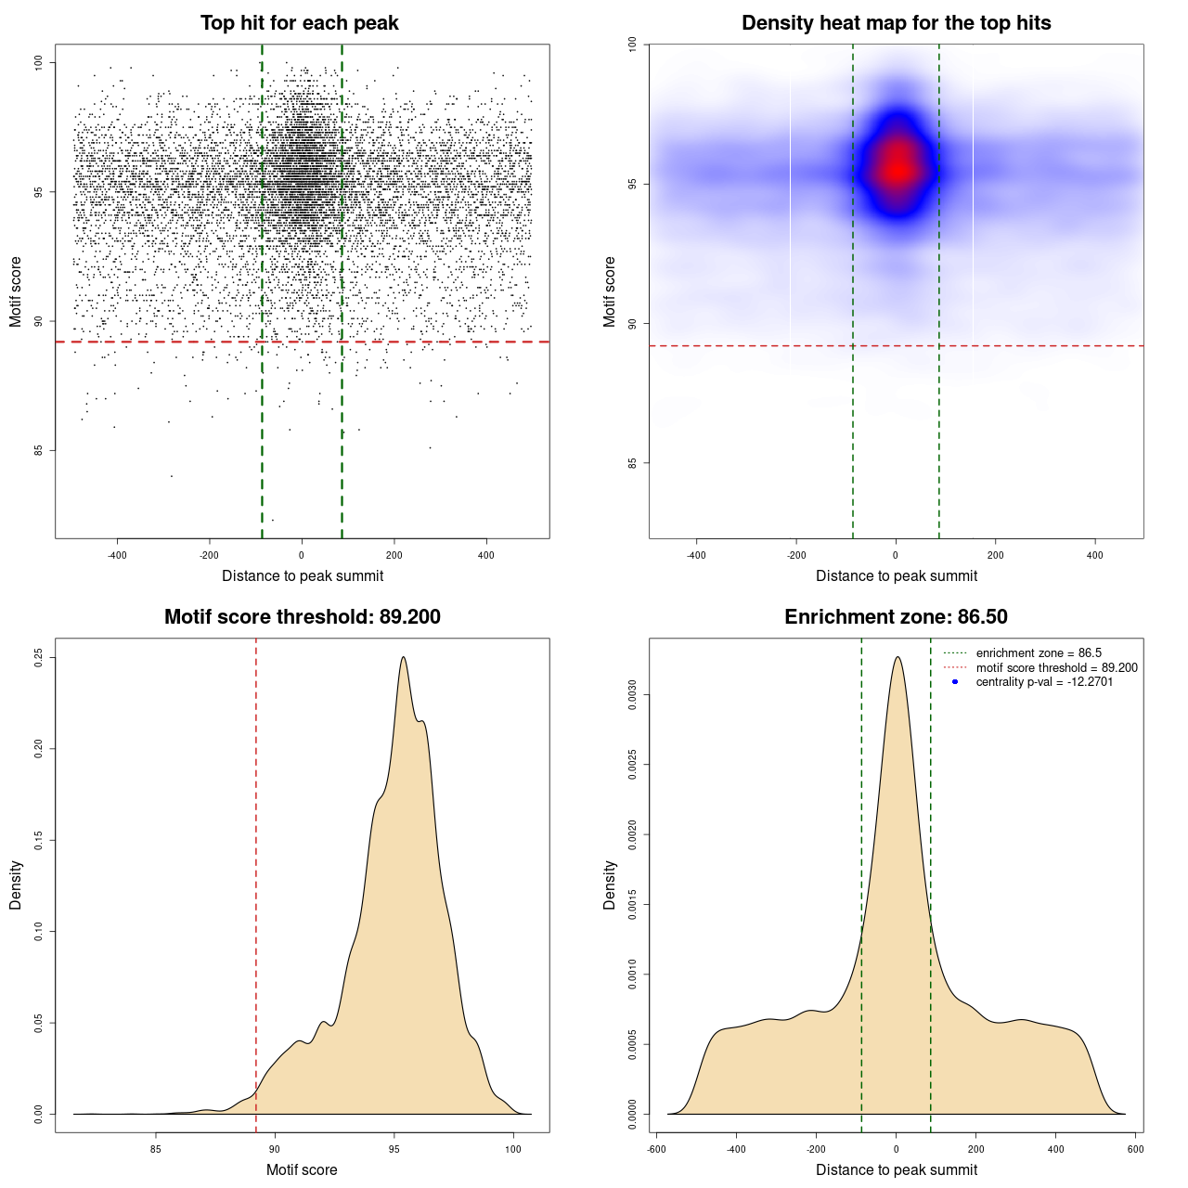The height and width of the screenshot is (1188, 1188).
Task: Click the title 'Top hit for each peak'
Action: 299,23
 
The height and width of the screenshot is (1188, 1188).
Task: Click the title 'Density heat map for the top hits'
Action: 896,23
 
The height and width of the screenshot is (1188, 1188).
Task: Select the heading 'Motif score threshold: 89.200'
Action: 302,617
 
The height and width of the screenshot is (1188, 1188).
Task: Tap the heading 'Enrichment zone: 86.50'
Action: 896,617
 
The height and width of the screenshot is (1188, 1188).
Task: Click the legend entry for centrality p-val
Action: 1044,682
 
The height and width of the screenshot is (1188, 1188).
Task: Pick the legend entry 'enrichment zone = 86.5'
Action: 1039,653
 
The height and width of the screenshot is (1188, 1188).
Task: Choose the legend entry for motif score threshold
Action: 1056,667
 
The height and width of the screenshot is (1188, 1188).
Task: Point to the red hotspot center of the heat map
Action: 897,169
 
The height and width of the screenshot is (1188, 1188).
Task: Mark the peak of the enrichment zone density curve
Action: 897,657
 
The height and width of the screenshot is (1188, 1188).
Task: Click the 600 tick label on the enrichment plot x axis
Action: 1135,1149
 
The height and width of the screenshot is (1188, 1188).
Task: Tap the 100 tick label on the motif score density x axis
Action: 513,1149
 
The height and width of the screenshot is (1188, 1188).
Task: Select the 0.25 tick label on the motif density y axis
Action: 39,657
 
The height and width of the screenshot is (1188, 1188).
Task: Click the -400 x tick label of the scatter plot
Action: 117,555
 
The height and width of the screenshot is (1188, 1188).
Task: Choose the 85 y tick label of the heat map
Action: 633,462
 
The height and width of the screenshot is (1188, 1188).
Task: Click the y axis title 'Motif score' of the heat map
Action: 610,291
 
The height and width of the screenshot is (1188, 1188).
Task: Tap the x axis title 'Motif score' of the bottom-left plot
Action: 302,1169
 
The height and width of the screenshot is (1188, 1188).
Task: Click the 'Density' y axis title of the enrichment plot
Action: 610,885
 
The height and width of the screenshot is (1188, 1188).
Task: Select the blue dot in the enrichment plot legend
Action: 955,682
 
